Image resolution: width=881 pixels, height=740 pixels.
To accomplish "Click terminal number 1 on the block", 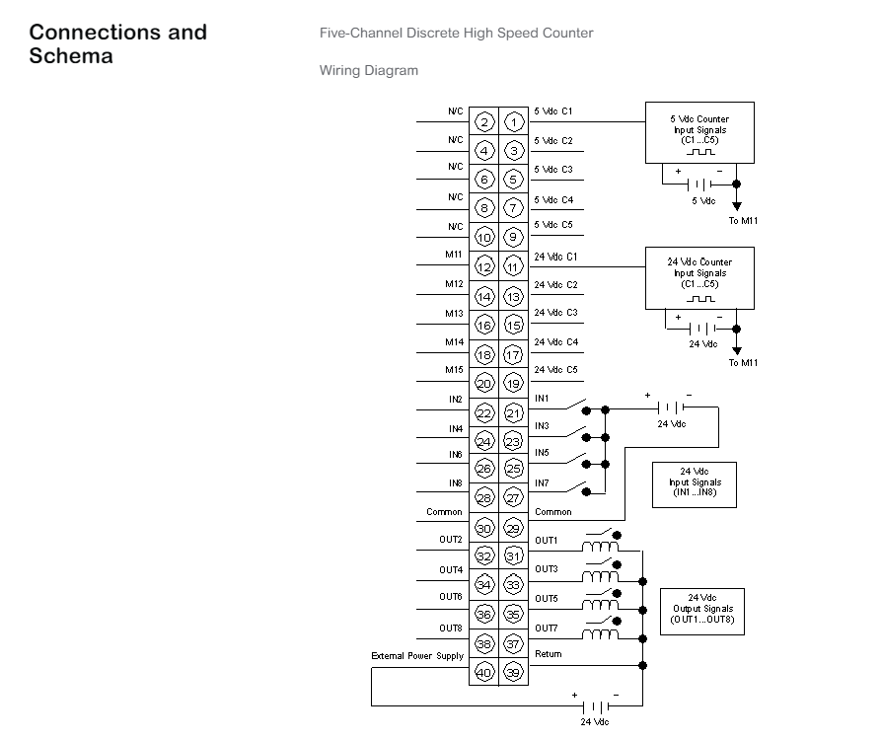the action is [514, 122].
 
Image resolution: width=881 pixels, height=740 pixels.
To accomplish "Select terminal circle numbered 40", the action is [483, 672].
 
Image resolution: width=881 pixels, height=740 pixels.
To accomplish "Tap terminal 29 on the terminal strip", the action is [514, 528].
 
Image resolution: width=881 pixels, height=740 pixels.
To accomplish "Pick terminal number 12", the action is [483, 266].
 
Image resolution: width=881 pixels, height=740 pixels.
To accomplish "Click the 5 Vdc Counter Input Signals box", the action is [699, 132].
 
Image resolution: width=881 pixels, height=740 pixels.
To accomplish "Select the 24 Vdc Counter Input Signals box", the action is [699, 278].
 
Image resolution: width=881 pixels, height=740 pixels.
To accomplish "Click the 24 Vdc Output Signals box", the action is [701, 612].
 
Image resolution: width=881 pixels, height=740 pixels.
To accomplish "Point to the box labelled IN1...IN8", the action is [695, 484].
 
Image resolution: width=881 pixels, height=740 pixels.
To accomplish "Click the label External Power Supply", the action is [417, 656].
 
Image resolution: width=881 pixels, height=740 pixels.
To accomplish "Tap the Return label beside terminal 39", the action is [549, 654].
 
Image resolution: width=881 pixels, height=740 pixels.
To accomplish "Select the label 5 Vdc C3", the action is [553, 169].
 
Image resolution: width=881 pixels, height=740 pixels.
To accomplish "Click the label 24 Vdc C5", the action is [555, 370].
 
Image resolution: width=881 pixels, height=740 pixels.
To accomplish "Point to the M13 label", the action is [454, 314].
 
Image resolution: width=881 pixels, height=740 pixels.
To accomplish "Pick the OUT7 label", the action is [547, 629].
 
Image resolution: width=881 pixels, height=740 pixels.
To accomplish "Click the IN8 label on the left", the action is [455, 483].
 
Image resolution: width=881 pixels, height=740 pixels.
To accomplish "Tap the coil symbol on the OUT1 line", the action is [601, 547].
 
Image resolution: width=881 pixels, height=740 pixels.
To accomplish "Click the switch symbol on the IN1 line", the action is [576, 404].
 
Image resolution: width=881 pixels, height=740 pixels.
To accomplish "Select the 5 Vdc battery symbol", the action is [700, 184].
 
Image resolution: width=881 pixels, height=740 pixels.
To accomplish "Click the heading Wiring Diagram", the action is [369, 71].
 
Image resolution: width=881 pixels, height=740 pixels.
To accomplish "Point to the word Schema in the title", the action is [71, 56].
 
